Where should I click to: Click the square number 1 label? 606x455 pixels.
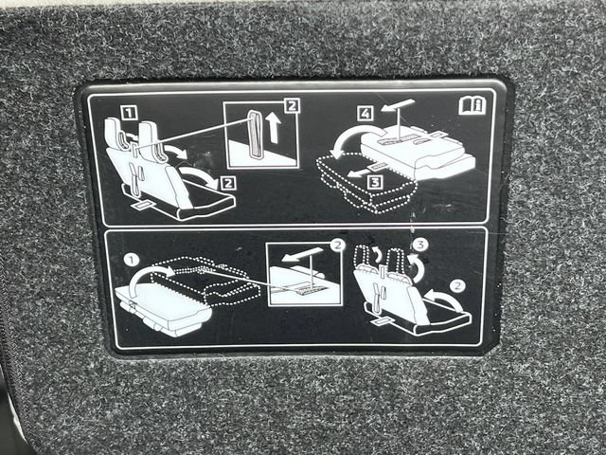[129, 114]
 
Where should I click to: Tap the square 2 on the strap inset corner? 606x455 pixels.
[292, 105]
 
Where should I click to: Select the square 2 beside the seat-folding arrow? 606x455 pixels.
[228, 183]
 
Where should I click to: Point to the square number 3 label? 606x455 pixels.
[375, 181]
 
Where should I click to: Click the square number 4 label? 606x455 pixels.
[365, 114]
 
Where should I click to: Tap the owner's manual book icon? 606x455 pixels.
[472, 105]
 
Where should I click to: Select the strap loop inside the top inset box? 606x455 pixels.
[255, 135]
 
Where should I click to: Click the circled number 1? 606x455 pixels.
[133, 260]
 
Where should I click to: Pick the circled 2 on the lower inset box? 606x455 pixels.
[337, 246]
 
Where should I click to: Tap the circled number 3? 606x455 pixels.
[420, 245]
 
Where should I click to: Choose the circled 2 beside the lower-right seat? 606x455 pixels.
[457, 286]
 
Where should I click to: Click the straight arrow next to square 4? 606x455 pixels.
[398, 105]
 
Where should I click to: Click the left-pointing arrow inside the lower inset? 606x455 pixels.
[302, 255]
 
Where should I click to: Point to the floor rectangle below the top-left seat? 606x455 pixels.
[143, 205]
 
